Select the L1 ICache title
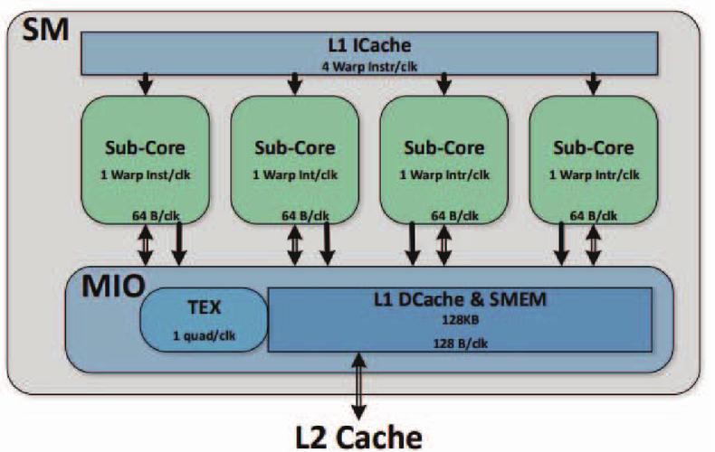(370, 43)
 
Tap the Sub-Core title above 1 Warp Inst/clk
(144, 146)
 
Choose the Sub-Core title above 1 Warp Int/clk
(293, 146)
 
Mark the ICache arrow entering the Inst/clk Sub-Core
(144, 84)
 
